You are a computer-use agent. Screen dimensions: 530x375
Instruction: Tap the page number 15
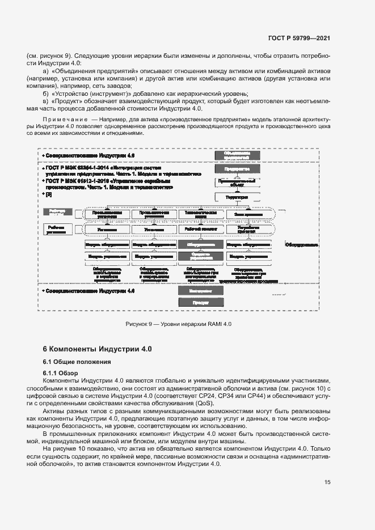(327, 482)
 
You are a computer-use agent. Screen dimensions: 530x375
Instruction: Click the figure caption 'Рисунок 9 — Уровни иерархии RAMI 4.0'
(179, 324)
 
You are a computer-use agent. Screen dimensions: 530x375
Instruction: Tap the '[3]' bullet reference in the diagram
(49, 194)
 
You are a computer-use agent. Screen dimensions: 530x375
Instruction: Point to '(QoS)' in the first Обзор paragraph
(202, 403)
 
